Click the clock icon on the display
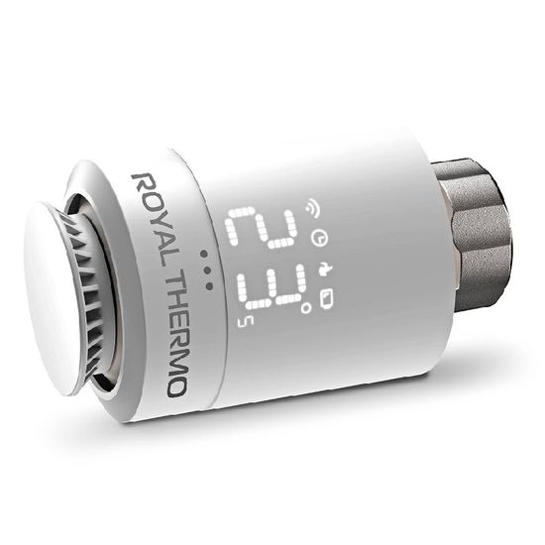pos(317,239)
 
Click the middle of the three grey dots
pos(206,269)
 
